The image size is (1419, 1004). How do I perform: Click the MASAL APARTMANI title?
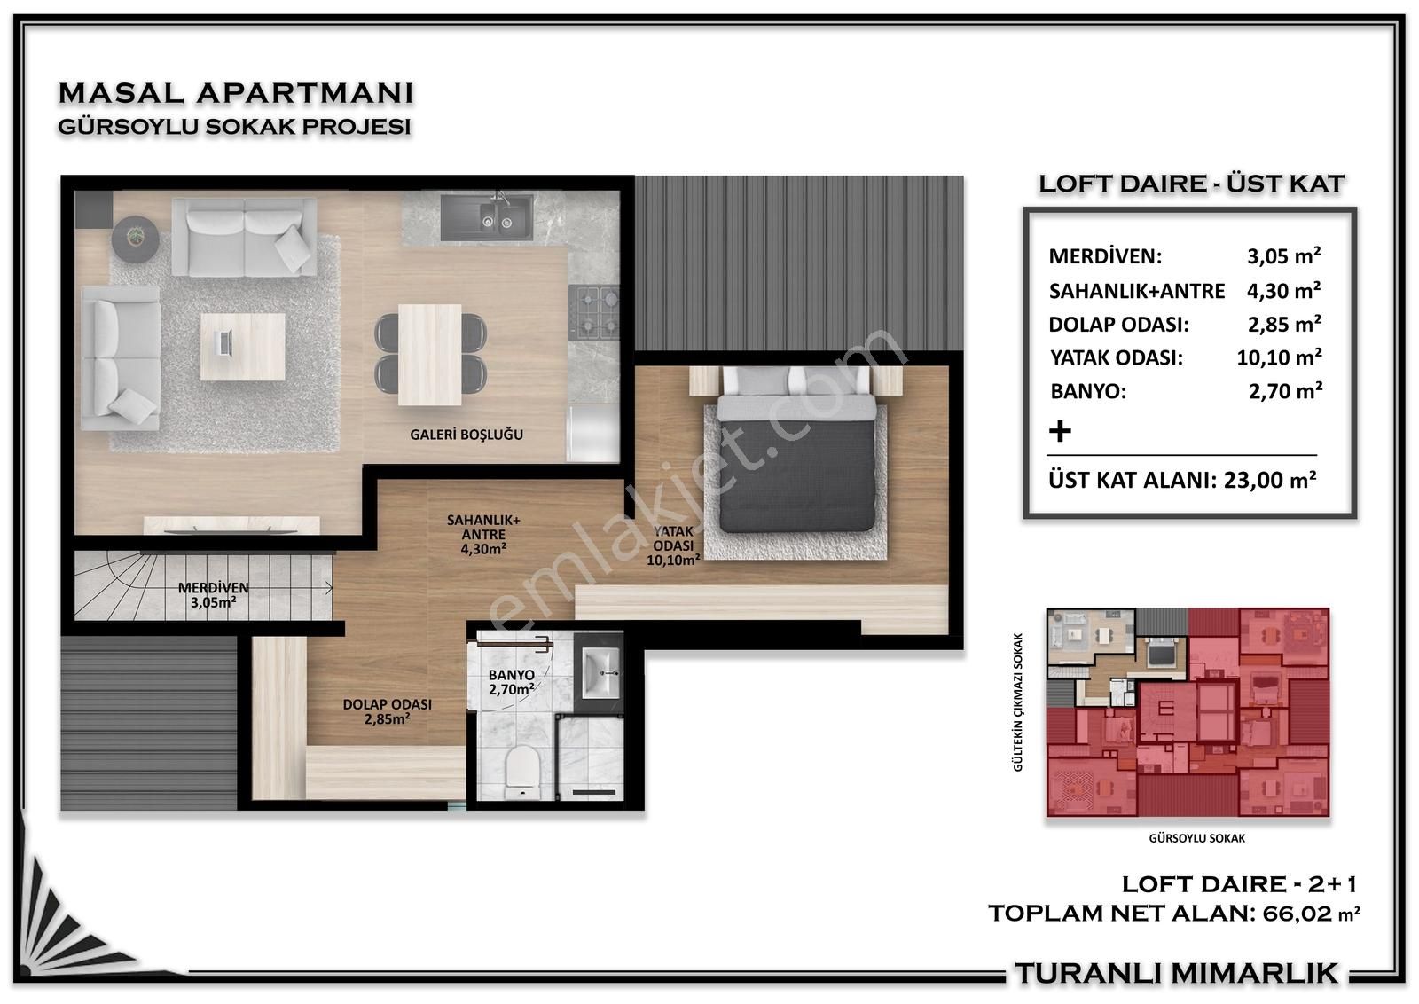tap(235, 92)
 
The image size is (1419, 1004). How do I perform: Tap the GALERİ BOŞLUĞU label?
tap(466, 435)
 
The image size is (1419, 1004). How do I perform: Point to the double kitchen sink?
tap(489, 216)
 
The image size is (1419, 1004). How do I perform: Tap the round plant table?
tap(136, 237)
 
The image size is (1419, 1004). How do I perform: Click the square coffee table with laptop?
tap(242, 346)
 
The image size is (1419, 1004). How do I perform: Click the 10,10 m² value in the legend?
tap(1279, 357)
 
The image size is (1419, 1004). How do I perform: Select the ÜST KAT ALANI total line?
tap(1181, 480)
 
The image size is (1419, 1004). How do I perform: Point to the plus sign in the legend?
tap(1060, 432)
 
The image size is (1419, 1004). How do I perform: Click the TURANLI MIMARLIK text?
tap(1175, 973)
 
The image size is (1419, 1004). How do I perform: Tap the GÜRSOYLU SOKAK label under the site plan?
tap(1196, 838)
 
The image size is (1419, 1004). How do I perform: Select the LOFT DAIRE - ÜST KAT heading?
tap(1191, 184)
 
